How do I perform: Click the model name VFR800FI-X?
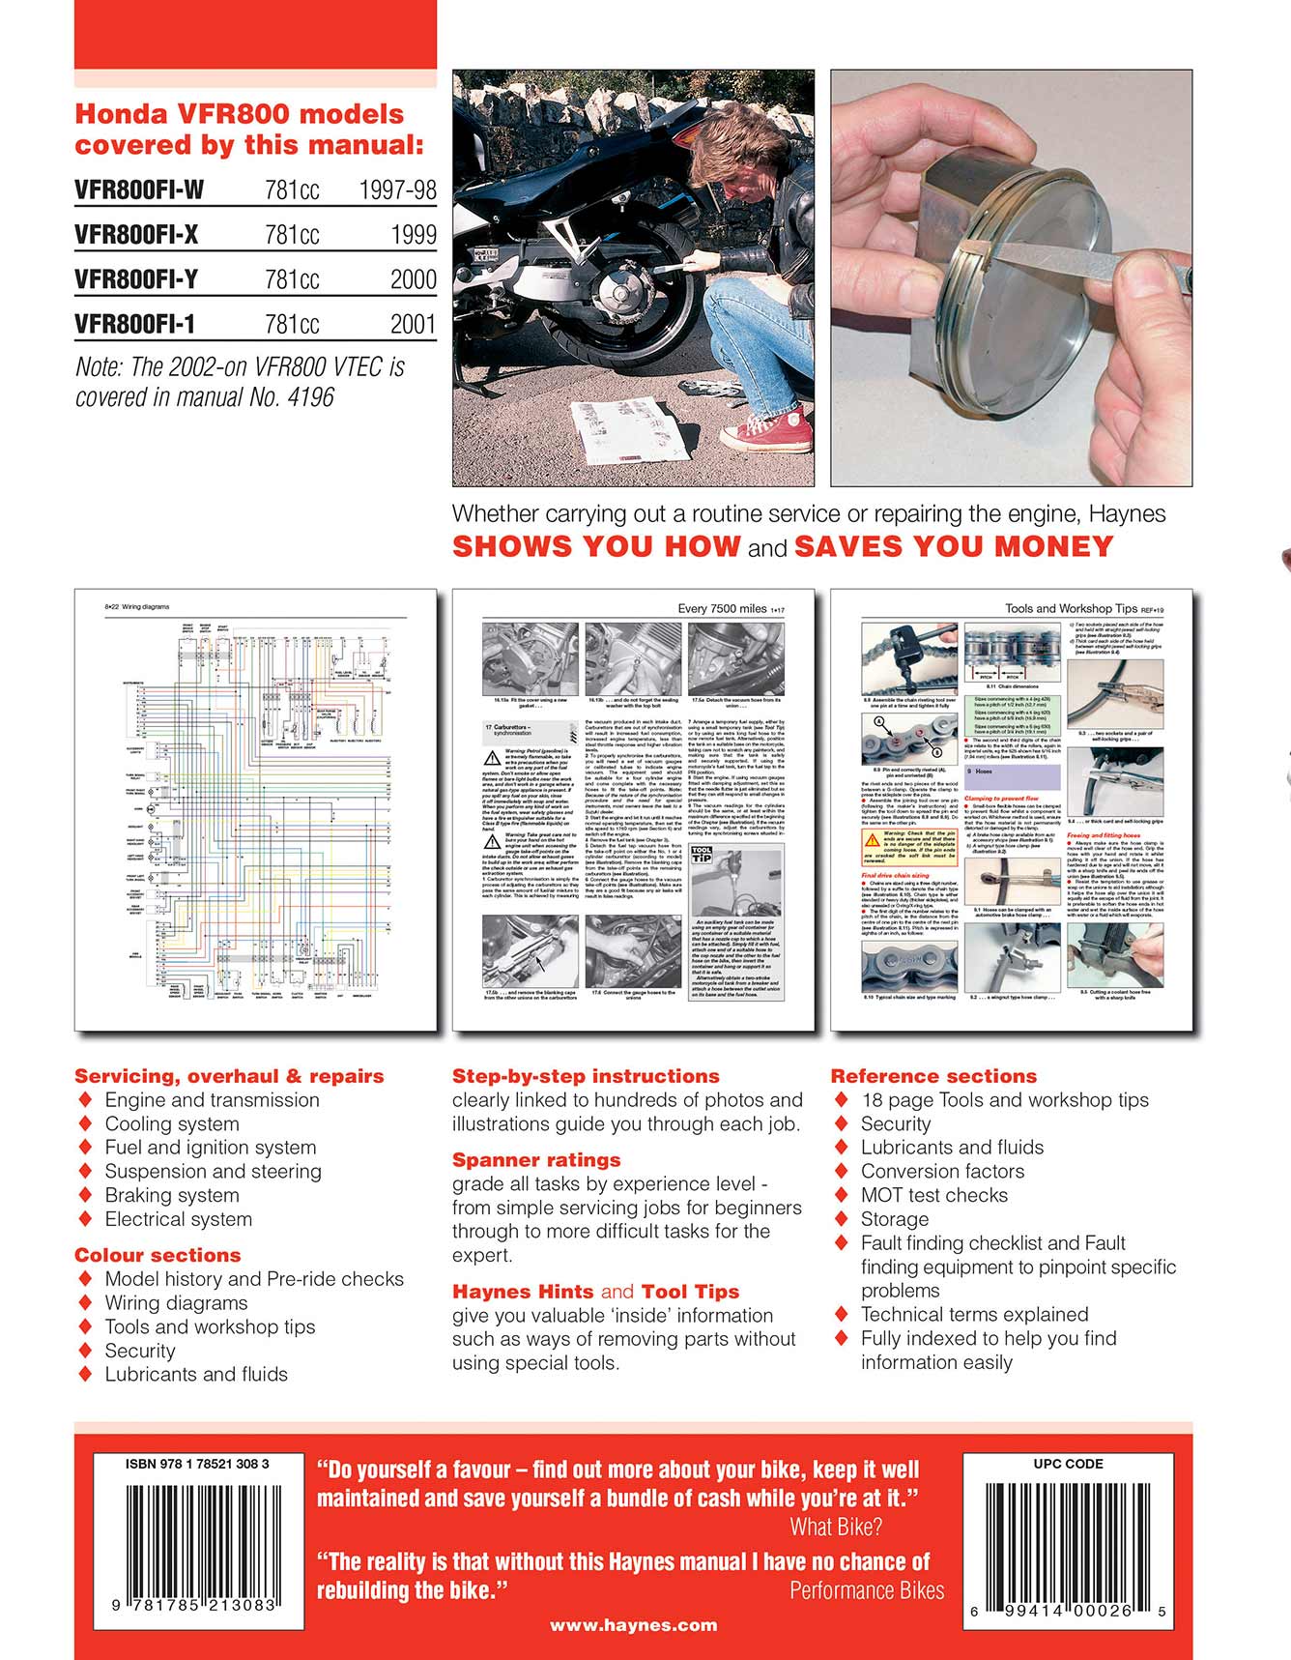coord(136,235)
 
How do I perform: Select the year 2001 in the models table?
coord(413,325)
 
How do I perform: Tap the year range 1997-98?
coord(397,190)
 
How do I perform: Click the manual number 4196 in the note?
coord(310,397)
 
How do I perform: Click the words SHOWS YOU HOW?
coord(596,546)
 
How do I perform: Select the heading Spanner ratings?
coord(536,1160)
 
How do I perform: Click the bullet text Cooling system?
coord(172,1124)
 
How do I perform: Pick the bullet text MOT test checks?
coord(933,1196)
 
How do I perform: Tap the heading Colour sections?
coord(158,1255)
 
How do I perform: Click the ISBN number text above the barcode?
coord(197,1464)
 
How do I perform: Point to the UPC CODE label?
coord(1068,1464)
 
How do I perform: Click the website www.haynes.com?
coord(633,1625)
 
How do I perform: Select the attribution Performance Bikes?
coord(867,1590)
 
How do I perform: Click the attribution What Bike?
coord(835,1528)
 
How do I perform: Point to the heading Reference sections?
coord(933,1076)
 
